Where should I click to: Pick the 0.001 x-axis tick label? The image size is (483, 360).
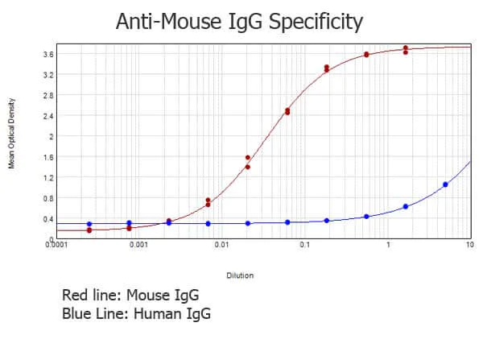tap(138, 244)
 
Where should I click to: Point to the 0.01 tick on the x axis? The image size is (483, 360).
tap(221, 244)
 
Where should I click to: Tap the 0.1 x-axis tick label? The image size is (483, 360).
tap(304, 244)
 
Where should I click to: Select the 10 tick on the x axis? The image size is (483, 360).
tap(469, 244)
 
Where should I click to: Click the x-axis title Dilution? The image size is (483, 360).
tap(239, 275)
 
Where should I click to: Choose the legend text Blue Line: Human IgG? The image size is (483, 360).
tap(136, 313)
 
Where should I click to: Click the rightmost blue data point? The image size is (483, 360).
tap(445, 184)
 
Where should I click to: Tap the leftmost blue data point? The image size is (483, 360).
tap(89, 224)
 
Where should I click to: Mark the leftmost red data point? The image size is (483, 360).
tap(89, 230)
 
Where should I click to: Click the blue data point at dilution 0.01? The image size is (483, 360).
tap(208, 223)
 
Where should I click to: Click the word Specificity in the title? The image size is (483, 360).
tap(315, 21)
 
